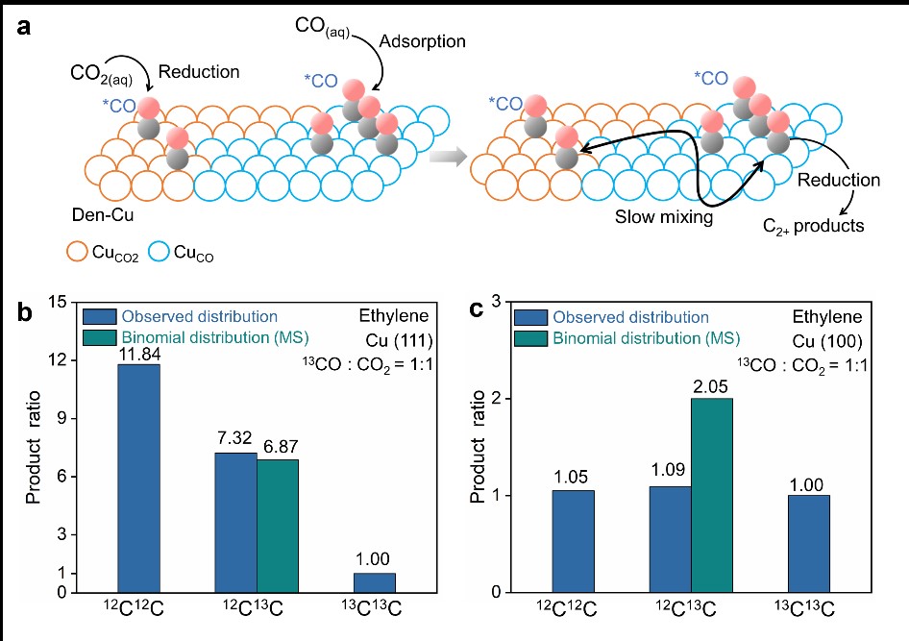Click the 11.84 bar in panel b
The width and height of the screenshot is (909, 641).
coord(138,479)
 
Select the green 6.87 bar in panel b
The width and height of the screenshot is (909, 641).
coord(278,526)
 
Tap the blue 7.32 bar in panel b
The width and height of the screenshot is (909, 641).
coord(236,522)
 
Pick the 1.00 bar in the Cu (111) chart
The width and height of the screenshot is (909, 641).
coord(375,582)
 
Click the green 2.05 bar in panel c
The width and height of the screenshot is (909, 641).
coord(712,495)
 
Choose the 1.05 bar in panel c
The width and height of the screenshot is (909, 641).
coord(573,541)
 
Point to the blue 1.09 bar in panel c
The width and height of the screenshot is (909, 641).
coord(670,539)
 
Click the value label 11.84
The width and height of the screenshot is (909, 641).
coord(139,354)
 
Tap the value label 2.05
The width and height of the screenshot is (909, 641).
coord(710,386)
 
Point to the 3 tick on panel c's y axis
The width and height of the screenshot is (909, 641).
coord(496,302)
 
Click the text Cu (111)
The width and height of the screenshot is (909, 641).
coord(399,340)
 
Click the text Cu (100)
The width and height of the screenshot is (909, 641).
coord(827,341)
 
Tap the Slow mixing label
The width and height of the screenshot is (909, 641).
coord(664,217)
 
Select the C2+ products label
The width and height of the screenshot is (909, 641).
coord(813,226)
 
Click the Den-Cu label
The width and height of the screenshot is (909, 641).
coord(103,215)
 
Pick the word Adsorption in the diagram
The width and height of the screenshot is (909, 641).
coord(422,41)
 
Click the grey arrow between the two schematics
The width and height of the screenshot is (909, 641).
coord(448,157)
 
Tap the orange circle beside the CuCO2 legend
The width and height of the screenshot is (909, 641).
coord(78,252)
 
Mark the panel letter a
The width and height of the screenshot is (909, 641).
coord(24,27)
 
